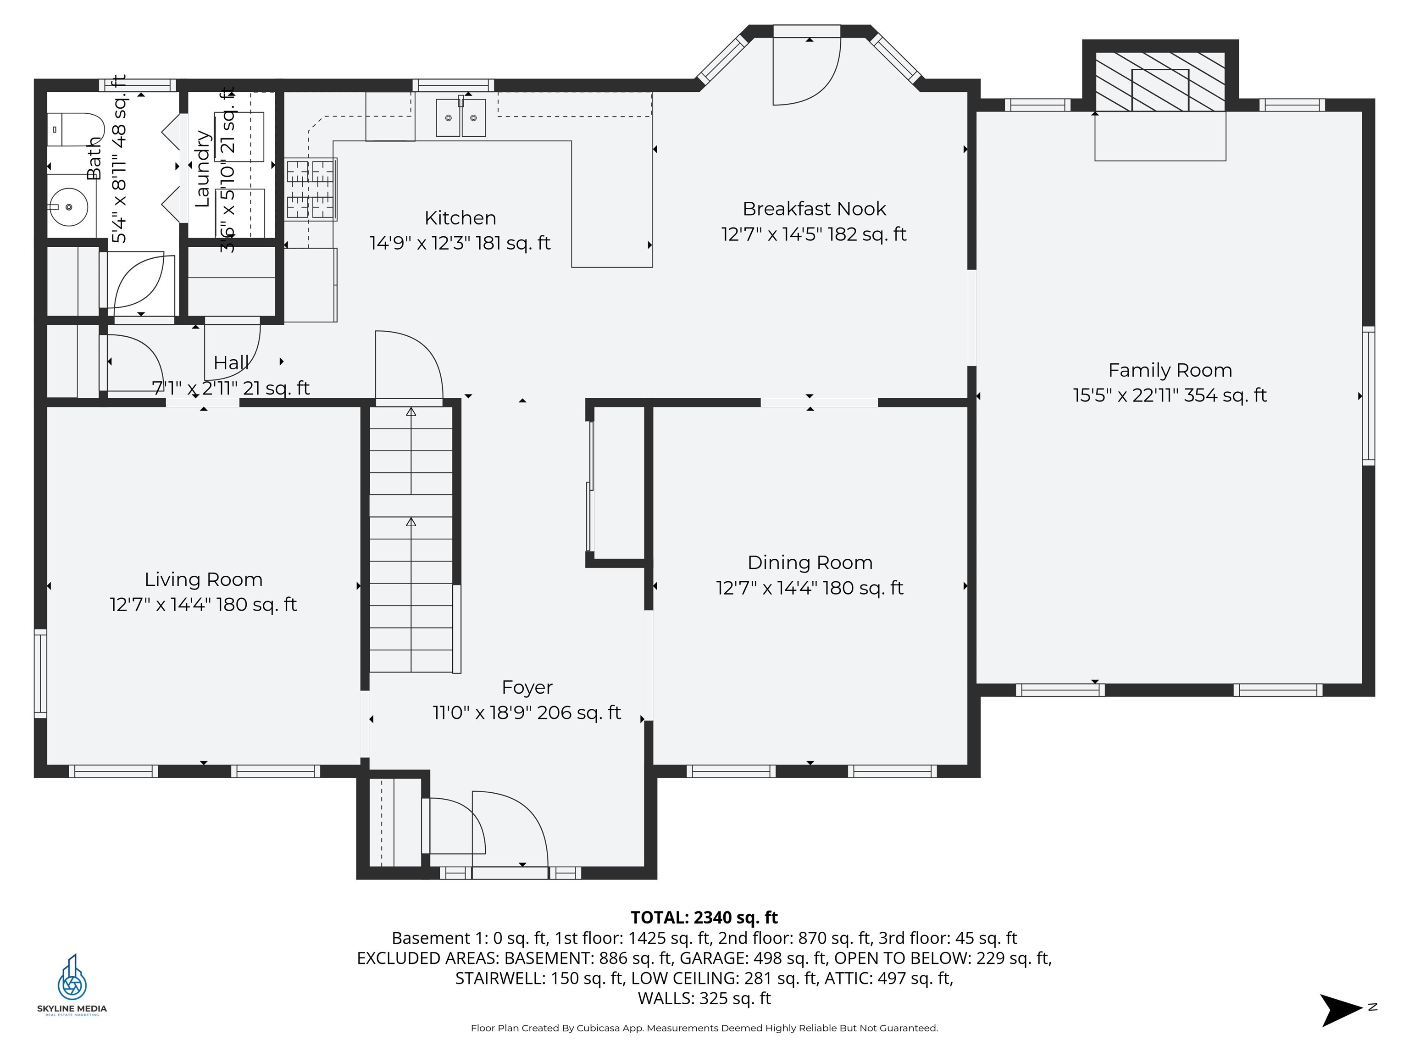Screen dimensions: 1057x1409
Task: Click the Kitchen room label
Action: (460, 218)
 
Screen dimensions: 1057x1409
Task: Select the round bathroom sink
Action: (69, 207)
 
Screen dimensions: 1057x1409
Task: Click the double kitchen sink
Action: (460, 117)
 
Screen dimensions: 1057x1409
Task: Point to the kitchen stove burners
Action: (310, 189)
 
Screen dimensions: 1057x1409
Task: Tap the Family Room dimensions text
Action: (1170, 395)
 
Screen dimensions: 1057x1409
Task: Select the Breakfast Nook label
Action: (814, 209)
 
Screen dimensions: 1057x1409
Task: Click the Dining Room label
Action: (810, 562)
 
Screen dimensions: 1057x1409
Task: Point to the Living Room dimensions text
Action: (203, 604)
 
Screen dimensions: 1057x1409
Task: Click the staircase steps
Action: (411, 541)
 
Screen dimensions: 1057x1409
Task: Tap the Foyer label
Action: (527, 688)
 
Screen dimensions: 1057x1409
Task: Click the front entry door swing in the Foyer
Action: (510, 828)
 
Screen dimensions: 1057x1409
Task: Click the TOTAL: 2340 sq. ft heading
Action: (704, 918)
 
